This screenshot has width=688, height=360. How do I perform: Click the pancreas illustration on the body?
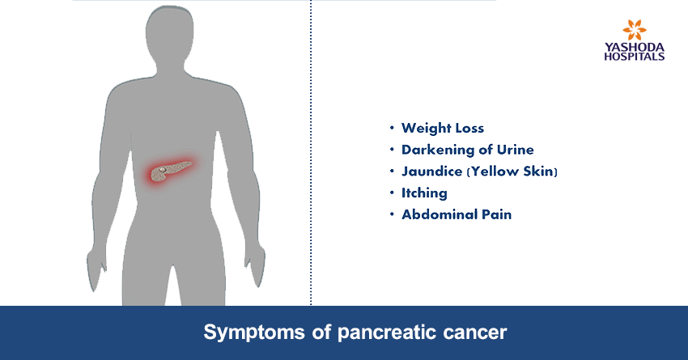(169, 172)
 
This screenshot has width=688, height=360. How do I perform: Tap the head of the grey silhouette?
(169, 36)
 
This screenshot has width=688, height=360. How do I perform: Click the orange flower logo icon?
(634, 30)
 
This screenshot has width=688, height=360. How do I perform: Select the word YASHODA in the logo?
(635, 47)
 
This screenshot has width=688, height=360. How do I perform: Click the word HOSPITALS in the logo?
(635, 56)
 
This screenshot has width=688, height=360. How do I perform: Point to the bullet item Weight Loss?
(443, 128)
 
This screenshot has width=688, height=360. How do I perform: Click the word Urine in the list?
(515, 150)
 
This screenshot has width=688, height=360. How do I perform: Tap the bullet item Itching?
(424, 193)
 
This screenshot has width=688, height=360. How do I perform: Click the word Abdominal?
(440, 214)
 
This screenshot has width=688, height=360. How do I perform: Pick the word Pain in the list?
(497, 214)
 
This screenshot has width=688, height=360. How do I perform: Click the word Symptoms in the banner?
(254, 332)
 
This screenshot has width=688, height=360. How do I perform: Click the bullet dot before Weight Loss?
(392, 128)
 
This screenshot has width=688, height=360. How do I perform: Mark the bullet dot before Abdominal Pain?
(392, 214)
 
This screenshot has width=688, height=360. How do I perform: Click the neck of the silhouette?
(169, 70)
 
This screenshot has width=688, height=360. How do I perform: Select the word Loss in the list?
(469, 128)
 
